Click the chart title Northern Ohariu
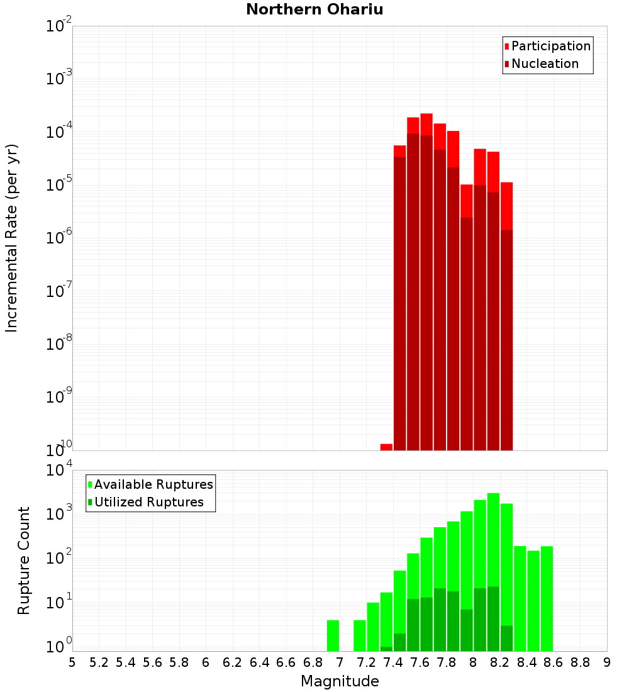(x=314, y=9)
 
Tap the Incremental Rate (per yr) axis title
(x=11, y=238)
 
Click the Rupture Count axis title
(x=24, y=560)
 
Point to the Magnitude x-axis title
(x=340, y=681)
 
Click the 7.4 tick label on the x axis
(x=393, y=662)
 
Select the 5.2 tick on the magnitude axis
(x=99, y=662)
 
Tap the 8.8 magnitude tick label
(x=580, y=662)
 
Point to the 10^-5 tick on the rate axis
(x=60, y=185)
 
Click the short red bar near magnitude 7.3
(x=386, y=447)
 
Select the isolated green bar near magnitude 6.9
(x=333, y=635)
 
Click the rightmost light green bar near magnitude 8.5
(x=547, y=598)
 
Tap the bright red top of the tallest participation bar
(x=426, y=124)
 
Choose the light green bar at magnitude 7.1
(x=360, y=635)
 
